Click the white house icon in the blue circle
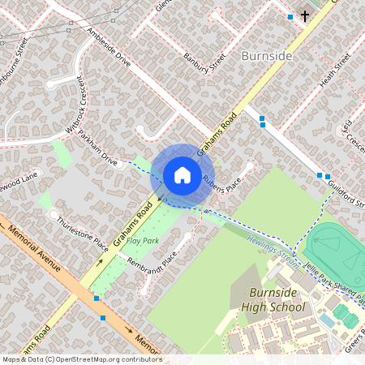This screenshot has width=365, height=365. point(182,174)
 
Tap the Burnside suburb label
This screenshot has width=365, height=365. point(265,56)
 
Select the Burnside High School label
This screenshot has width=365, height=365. point(273,299)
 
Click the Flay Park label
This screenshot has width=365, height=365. point(142,241)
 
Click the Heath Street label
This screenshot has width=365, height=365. point(332,71)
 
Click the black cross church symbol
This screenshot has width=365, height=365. point(305,15)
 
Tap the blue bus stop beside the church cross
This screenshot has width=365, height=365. point(290,16)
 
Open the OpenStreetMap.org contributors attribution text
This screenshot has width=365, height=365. point(81,359)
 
